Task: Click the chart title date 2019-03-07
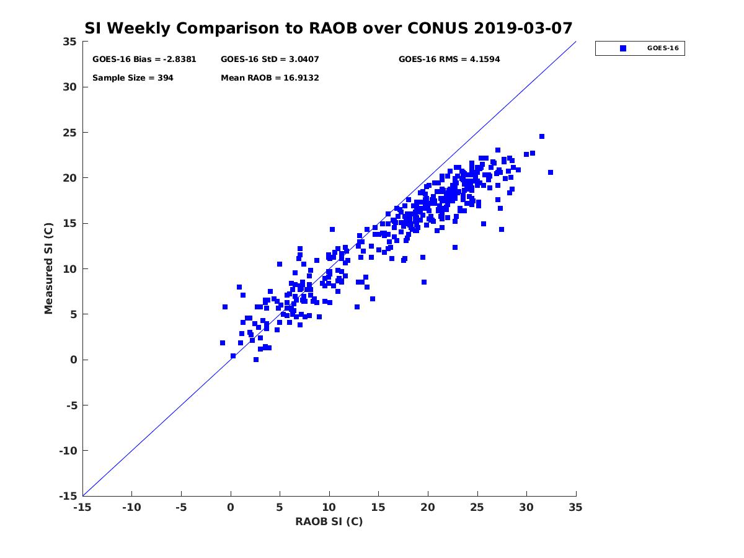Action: click(x=523, y=28)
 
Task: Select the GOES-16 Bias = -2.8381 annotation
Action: click(x=144, y=60)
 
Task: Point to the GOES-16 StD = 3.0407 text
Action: click(x=270, y=60)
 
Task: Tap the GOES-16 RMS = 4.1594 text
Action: click(x=449, y=60)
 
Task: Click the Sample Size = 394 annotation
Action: click(x=133, y=78)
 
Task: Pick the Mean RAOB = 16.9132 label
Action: click(x=270, y=78)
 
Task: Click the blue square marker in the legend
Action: click(x=623, y=48)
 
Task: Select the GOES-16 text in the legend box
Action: click(x=663, y=48)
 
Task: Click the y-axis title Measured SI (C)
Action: click(x=48, y=268)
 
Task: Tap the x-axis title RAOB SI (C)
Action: click(x=329, y=521)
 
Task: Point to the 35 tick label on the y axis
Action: click(x=70, y=42)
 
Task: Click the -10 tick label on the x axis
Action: click(x=131, y=507)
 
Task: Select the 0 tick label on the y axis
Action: click(x=74, y=360)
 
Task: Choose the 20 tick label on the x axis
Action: click(x=428, y=507)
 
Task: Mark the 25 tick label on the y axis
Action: click(x=70, y=133)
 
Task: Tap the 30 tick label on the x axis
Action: click(x=526, y=507)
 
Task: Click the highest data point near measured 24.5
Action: click(x=542, y=136)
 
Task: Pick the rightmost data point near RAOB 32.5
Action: click(x=551, y=172)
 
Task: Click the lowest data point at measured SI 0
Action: click(x=256, y=360)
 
